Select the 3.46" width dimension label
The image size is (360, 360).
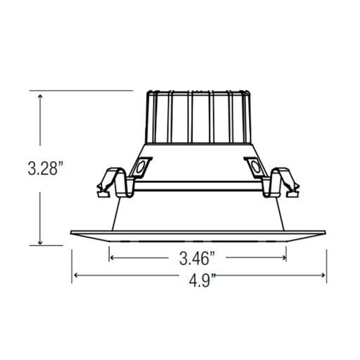(196, 258)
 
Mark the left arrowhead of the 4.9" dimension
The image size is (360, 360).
(75, 275)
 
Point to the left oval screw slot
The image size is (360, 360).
(141, 168)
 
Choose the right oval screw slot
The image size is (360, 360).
(255, 168)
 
